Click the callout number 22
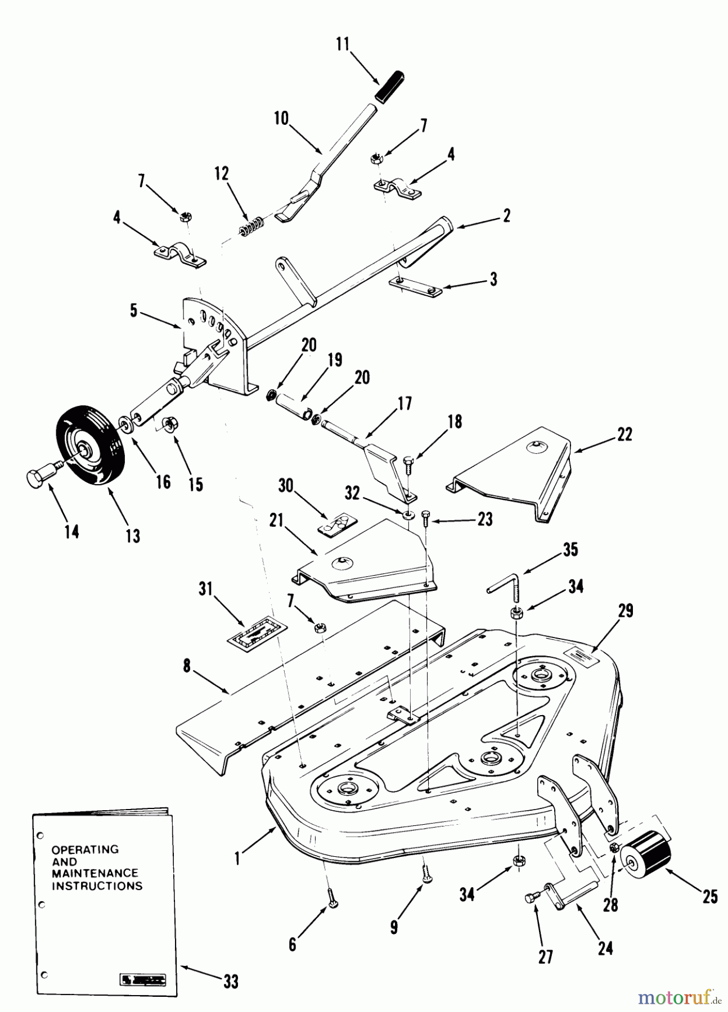[624, 435]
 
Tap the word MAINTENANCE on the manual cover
[95, 873]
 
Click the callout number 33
[231, 982]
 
